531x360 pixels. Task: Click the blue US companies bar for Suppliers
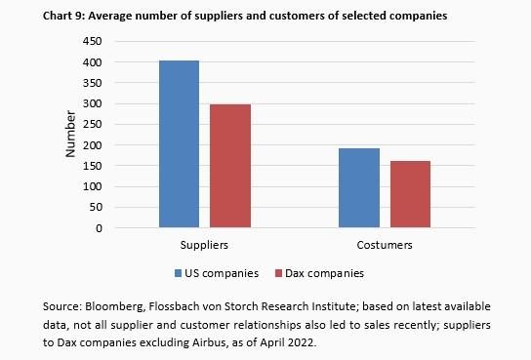coord(180,144)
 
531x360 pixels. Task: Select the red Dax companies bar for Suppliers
coord(229,166)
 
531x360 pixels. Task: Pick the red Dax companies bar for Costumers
coord(410,194)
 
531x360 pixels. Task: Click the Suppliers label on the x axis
coord(205,245)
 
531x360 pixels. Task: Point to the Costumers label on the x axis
coord(385,245)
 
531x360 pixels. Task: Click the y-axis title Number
coord(70,136)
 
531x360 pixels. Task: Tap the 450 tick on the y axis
coord(93,42)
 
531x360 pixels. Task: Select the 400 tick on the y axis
coord(93,62)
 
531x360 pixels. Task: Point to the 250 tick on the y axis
coord(93,125)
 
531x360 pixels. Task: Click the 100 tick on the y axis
coord(93,187)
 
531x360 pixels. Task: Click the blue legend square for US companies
coord(179,273)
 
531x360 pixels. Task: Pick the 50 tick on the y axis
coord(96,208)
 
